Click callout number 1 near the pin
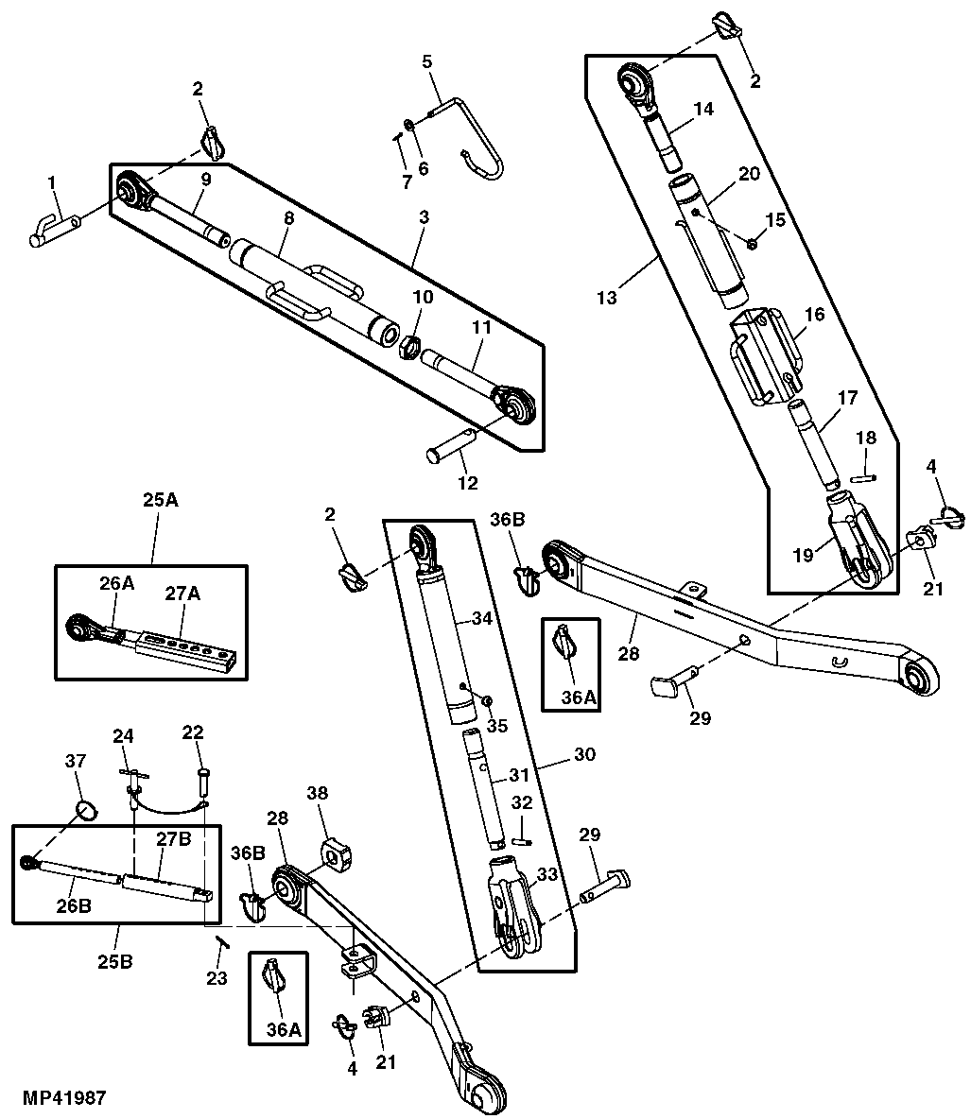53,181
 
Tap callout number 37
75,762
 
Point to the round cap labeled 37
86,810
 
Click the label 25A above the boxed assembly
160,500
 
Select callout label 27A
182,594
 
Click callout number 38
317,794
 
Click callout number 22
193,733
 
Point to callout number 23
217,978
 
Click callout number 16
814,314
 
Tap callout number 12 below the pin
468,483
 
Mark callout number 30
585,755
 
